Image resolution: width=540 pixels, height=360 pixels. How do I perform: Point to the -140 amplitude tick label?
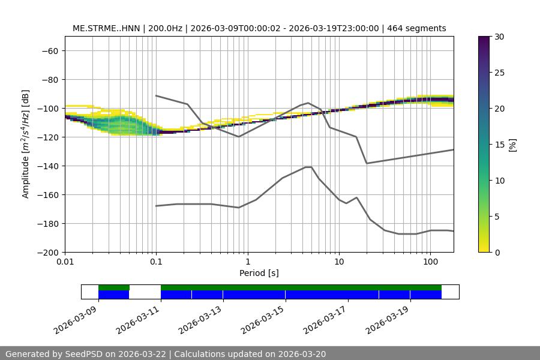47,166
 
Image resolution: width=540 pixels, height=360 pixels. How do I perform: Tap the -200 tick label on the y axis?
47,252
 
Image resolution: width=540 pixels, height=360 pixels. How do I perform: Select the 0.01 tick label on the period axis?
65,262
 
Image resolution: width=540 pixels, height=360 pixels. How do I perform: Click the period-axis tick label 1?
247,262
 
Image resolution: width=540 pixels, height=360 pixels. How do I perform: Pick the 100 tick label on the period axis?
430,262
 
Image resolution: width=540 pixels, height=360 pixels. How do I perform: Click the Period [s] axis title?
259,273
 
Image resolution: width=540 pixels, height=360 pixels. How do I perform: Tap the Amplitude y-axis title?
26,144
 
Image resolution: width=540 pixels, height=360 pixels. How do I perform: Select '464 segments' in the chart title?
416,28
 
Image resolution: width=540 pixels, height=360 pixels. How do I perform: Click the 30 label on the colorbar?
499,37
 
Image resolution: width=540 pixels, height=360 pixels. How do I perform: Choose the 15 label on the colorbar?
499,145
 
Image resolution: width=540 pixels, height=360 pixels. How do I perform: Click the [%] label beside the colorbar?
512,145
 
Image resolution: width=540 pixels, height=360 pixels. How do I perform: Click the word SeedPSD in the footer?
87,354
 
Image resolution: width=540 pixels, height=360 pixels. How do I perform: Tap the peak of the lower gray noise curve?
308,167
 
